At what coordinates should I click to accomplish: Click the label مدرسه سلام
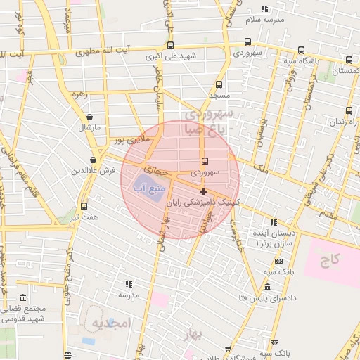pyautogui.click(x=264, y=20)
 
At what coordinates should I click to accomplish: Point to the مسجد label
pyautogui.click(x=219, y=94)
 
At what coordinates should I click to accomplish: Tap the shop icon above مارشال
pyautogui.click(x=89, y=117)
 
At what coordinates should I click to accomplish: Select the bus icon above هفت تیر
pyautogui.click(x=84, y=206)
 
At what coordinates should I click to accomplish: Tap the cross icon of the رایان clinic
pyautogui.click(x=203, y=191)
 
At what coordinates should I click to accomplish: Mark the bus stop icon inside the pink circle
pyautogui.click(x=205, y=161)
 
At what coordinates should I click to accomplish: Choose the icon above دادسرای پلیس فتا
pyautogui.click(x=267, y=287)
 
